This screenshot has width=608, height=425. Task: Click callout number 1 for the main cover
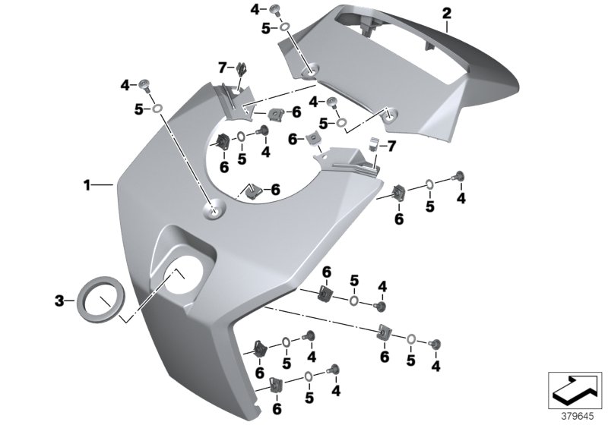tap(87, 184)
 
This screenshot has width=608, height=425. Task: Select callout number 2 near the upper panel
tap(446, 13)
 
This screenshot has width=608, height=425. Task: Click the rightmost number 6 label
tap(398, 219)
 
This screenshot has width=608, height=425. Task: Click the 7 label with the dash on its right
tap(222, 68)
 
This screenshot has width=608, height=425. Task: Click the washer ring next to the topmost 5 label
tap(283, 29)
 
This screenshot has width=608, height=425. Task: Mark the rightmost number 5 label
tap(430, 206)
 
